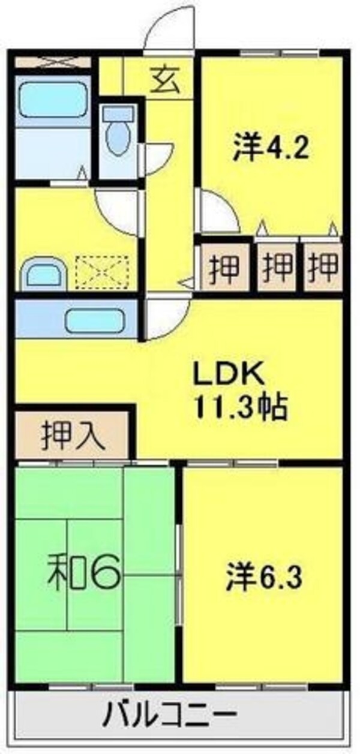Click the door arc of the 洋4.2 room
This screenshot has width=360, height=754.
coord(217,213)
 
